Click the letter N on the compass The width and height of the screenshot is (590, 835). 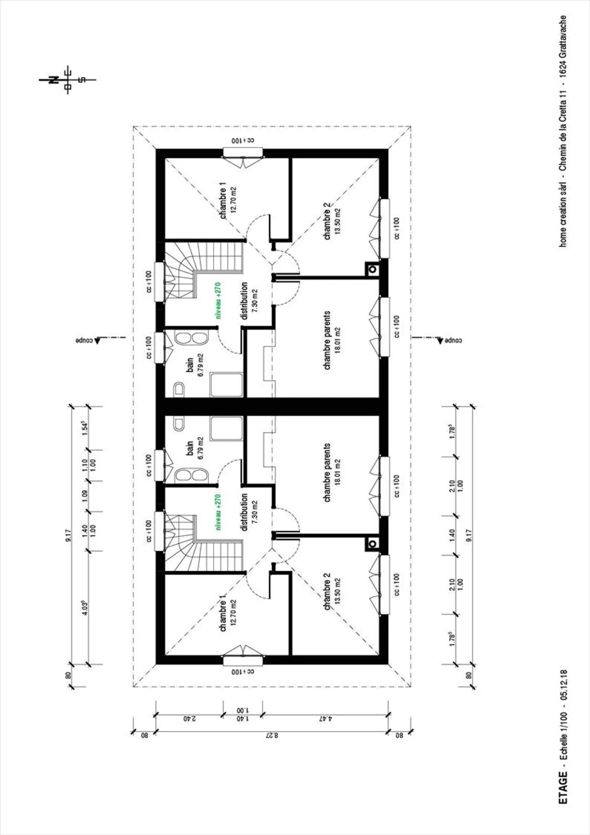53,80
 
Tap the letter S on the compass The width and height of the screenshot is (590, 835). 82,80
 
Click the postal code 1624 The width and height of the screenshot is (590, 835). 563,68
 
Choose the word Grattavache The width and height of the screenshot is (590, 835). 563,36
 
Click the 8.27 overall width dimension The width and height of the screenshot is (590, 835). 272,735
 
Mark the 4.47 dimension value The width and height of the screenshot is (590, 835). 325,719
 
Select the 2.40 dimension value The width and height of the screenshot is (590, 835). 189,719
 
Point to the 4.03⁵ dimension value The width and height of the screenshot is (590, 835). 85,608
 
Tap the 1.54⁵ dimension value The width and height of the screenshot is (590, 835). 85,429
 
